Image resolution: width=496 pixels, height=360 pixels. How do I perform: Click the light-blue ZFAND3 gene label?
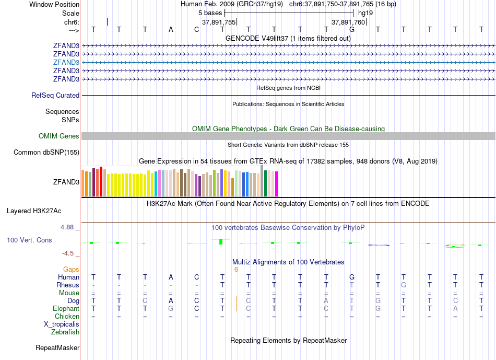[66, 62]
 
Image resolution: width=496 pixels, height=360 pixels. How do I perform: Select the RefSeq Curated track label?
[55, 96]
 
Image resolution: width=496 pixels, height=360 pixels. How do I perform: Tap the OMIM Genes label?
[59, 136]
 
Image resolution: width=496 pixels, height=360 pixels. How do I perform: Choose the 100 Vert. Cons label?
[29, 240]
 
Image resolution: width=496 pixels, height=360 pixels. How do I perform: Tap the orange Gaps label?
[72, 270]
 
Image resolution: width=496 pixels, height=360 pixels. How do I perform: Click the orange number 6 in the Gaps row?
[236, 270]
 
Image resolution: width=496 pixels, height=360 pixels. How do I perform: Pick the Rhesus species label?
[68, 285]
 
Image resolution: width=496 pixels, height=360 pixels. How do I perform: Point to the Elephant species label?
[66, 309]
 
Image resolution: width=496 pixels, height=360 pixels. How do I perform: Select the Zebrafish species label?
[65, 332]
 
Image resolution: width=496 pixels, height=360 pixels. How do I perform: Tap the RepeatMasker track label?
[57, 348]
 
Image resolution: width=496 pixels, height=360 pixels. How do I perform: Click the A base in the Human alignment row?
[171, 277]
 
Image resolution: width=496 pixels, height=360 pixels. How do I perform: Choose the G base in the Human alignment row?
[352, 277]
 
